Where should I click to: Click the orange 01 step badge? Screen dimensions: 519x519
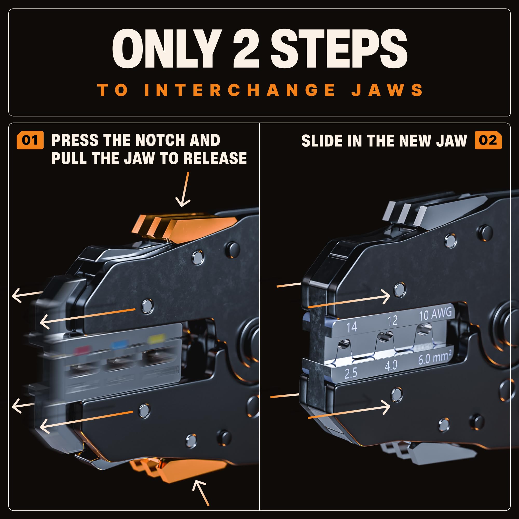point(30,140)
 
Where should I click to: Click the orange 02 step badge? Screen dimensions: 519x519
point(488,140)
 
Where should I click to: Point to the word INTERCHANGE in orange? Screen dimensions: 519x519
point(240,90)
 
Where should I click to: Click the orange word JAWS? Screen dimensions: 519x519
point(387,90)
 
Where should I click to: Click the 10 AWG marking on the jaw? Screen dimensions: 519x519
point(435,315)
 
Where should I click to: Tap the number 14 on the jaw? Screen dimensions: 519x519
point(352,327)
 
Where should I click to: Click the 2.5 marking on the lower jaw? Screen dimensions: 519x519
point(351,373)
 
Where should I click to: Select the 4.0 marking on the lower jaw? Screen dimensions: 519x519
point(391,366)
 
